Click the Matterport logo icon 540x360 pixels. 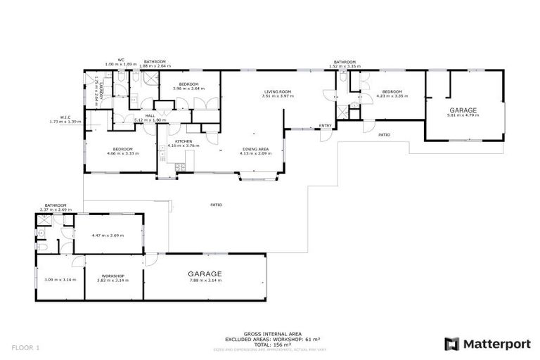pyautogui.click(x=452, y=344)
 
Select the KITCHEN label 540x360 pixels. pyautogui.click(x=184, y=141)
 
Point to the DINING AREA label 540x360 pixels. pyautogui.click(x=255, y=148)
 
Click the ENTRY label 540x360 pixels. pyautogui.click(x=325, y=126)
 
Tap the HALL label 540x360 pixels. pyautogui.click(x=150, y=115)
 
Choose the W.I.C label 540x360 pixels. pyautogui.click(x=67, y=117)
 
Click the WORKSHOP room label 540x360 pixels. pyautogui.click(x=112, y=276)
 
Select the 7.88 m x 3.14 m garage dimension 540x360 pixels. pyautogui.click(x=205, y=280)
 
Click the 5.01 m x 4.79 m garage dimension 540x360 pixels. pyautogui.click(x=463, y=115)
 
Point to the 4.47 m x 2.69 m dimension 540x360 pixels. pyautogui.click(x=108, y=236)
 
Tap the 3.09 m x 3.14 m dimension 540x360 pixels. pyautogui.click(x=60, y=280)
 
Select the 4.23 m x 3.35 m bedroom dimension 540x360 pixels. pyautogui.click(x=392, y=96)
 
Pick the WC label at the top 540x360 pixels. pyautogui.click(x=121, y=60)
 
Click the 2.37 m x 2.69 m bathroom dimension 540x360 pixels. pyautogui.click(x=55, y=209)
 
